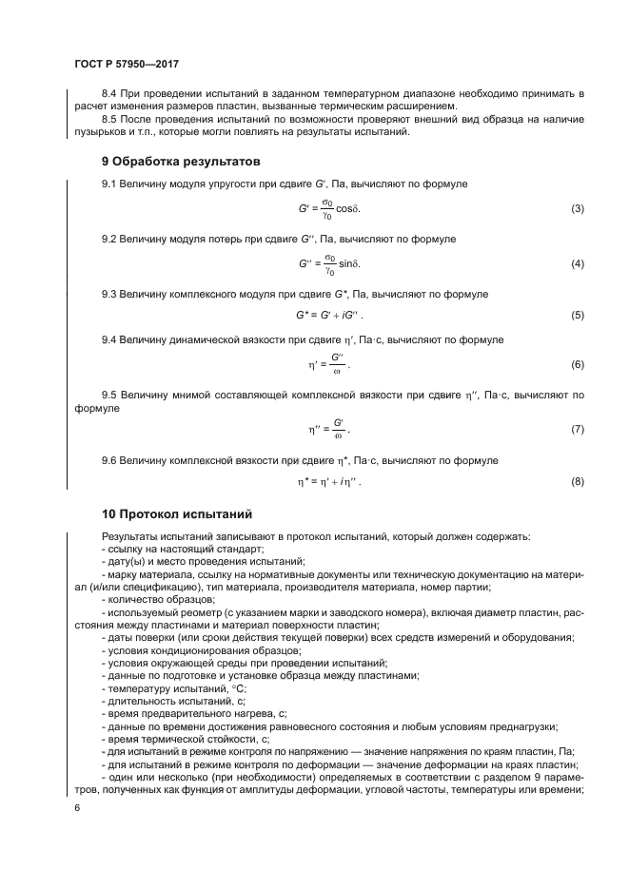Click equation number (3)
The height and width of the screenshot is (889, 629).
pyautogui.click(x=577, y=208)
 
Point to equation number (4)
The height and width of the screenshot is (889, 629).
pyautogui.click(x=577, y=263)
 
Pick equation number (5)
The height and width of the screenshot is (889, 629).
pyautogui.click(x=577, y=315)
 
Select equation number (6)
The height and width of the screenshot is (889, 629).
pyautogui.click(x=577, y=365)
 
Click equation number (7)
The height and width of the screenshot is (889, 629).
pyautogui.click(x=577, y=430)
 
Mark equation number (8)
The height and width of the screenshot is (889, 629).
pyautogui.click(x=577, y=481)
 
